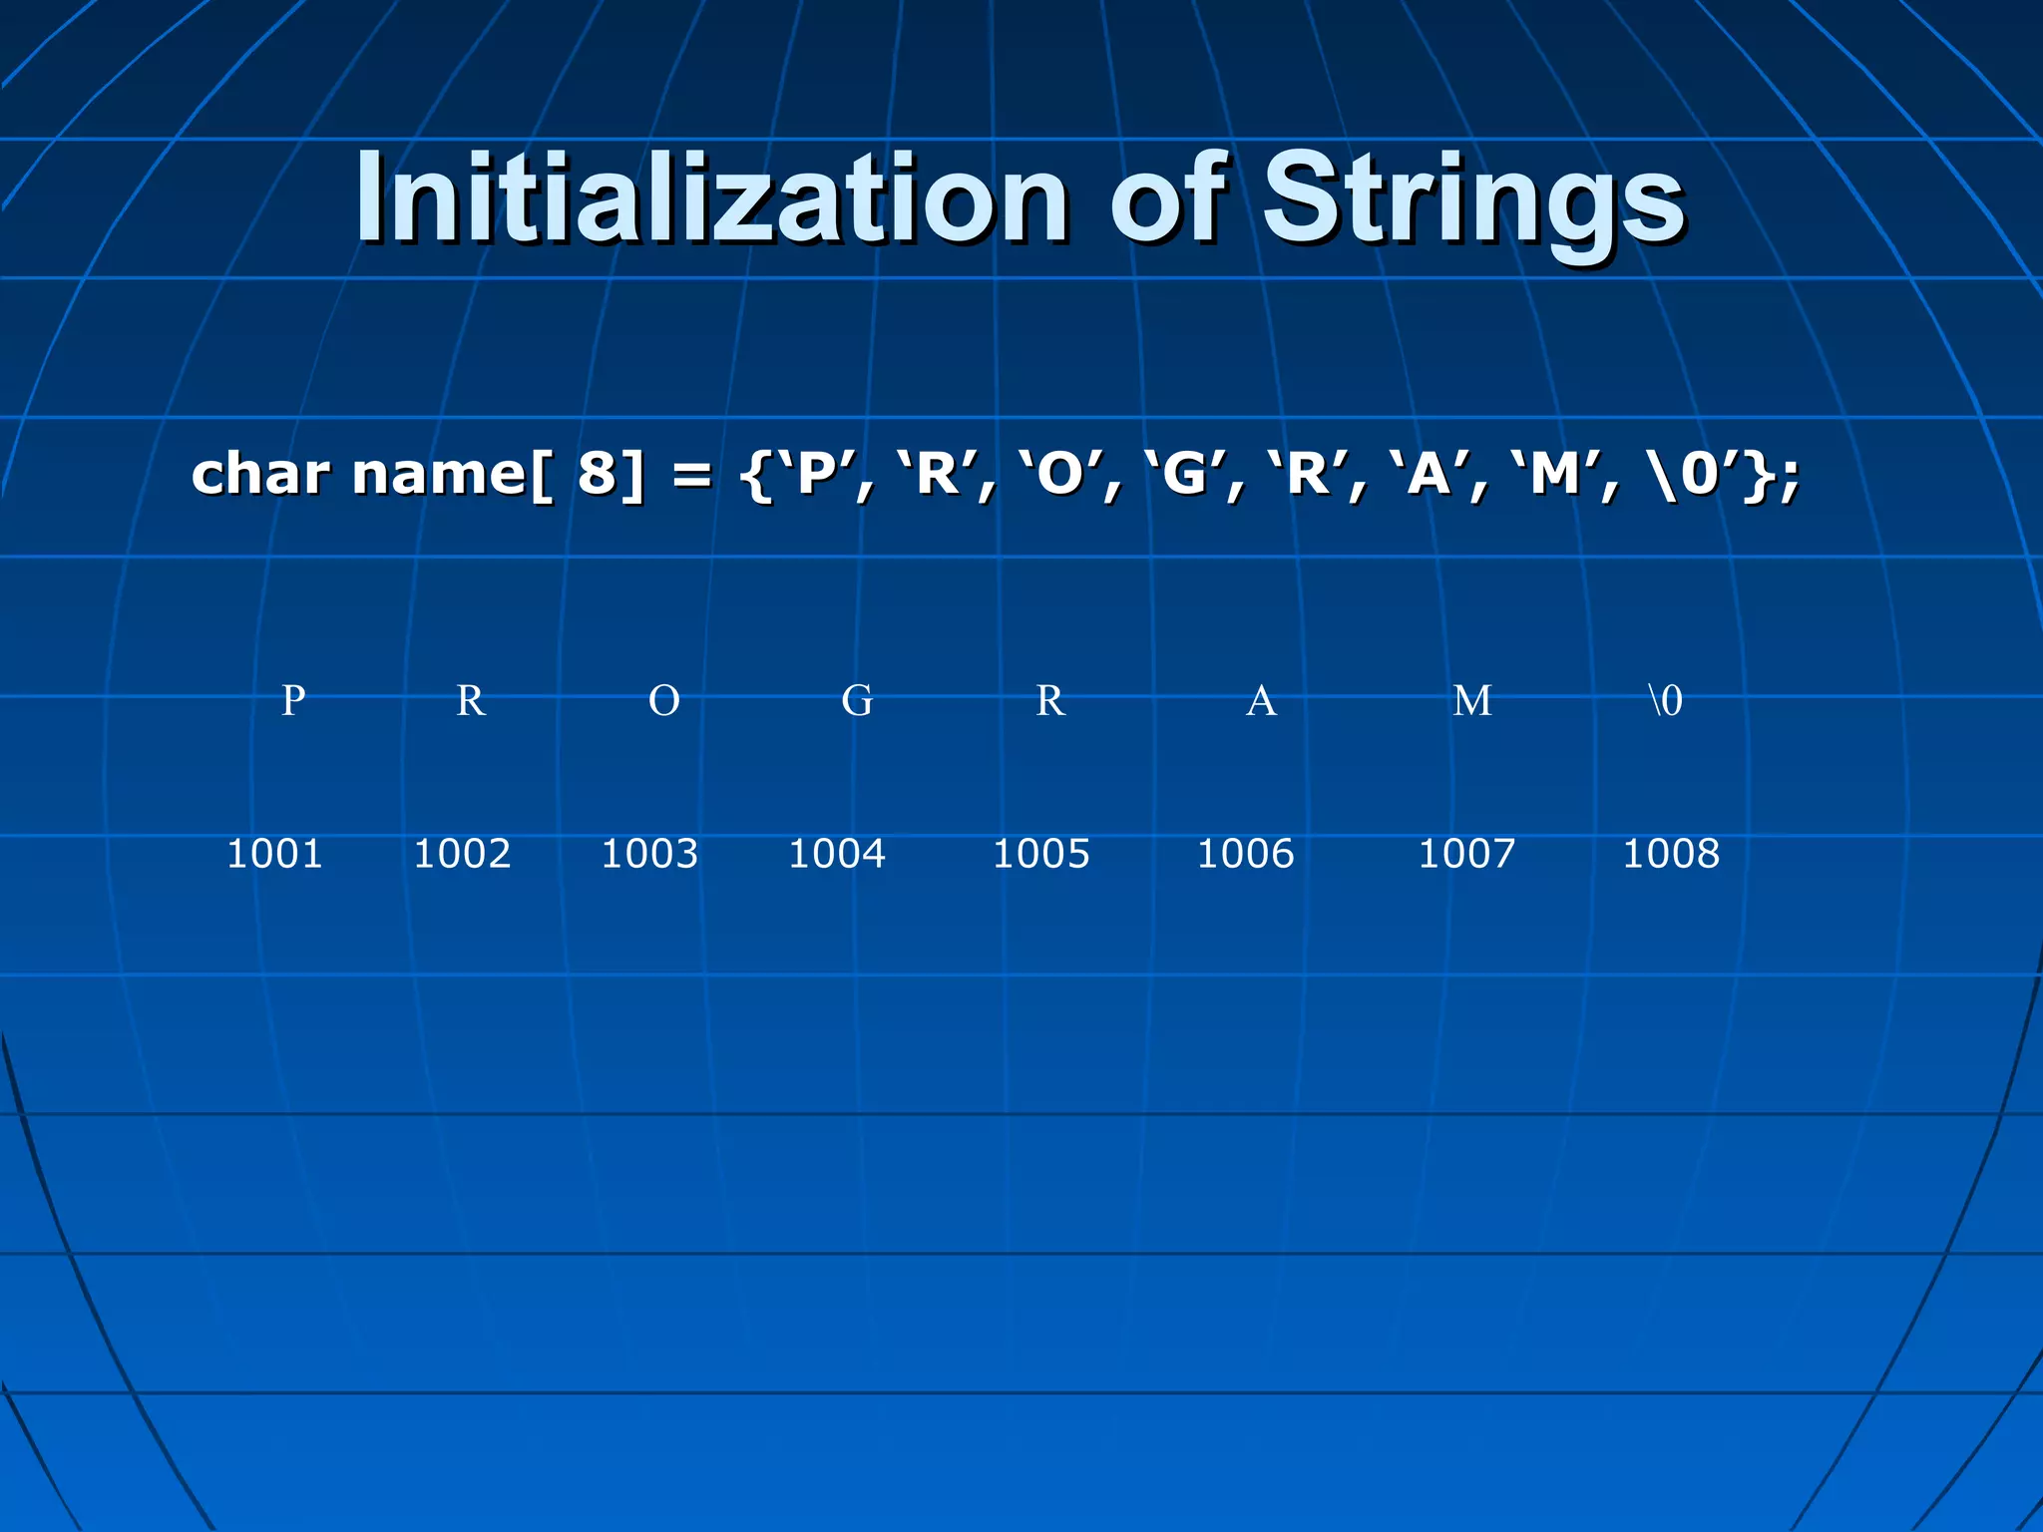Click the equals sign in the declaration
coord(691,475)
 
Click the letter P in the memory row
coord(292,700)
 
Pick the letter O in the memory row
coord(664,700)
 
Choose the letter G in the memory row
coord(857,700)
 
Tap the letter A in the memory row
coord(1261,700)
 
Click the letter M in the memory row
coord(1472,700)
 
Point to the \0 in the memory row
coord(1666,700)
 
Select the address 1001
coord(274,854)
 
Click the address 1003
coord(649,854)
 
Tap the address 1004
coord(837,854)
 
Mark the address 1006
coord(1245,854)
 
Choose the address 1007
coord(1466,854)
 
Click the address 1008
coord(1671,854)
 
